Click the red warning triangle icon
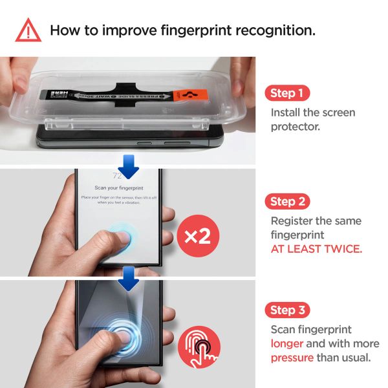28,30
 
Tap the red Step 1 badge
286,93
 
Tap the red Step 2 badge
287,201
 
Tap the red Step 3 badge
287,310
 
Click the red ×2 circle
199,236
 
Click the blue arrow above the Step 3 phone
129,279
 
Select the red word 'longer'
286,343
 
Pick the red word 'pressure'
292,357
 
